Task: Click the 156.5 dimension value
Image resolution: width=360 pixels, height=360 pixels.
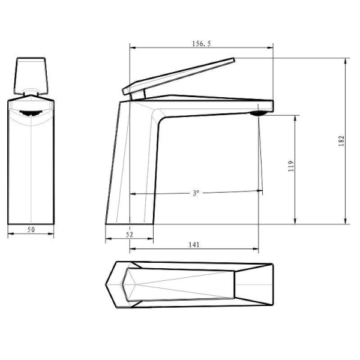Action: (201, 43)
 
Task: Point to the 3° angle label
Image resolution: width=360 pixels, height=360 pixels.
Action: (196, 193)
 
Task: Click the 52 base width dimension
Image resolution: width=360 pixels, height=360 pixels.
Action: (130, 234)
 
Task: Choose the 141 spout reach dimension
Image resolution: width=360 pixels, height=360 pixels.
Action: (194, 244)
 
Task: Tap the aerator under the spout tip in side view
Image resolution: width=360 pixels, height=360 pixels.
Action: (258, 112)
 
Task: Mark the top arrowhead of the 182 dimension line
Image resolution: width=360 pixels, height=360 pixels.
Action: (346, 60)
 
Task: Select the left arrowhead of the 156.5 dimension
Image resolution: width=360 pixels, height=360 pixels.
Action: (132, 47)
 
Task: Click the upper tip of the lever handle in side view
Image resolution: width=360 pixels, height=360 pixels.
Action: (233, 59)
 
